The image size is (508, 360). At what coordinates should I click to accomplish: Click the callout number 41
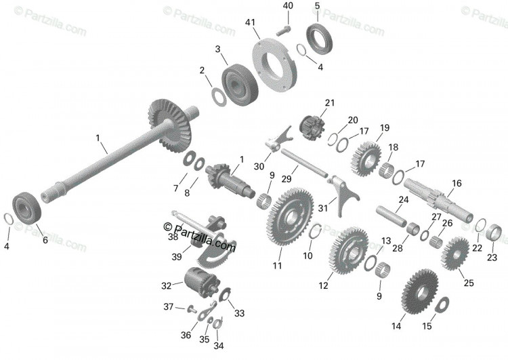(x=250, y=22)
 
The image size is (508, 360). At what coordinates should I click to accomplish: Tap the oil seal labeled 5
(x=320, y=39)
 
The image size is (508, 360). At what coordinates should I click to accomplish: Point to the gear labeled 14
(x=420, y=292)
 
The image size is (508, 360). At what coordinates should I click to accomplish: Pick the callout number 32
(x=166, y=286)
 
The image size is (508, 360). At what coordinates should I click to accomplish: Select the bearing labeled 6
(x=26, y=208)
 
